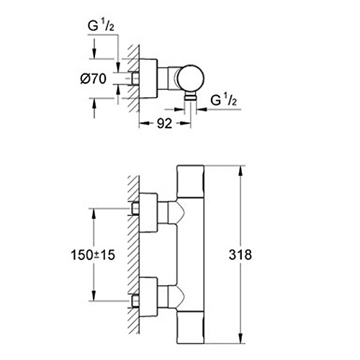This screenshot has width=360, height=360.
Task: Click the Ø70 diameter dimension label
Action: (x=93, y=78)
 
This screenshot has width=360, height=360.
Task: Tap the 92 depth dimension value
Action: (x=165, y=124)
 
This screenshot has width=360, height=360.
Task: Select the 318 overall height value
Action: (x=240, y=255)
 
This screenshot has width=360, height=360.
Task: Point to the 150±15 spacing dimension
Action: (x=93, y=255)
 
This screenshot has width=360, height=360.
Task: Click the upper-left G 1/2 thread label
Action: (x=101, y=26)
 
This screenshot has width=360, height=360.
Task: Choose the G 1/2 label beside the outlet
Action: (x=224, y=100)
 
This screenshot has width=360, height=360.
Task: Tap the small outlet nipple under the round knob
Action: (x=191, y=96)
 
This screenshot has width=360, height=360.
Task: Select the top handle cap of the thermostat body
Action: (x=190, y=181)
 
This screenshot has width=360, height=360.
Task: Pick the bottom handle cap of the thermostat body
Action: (x=190, y=327)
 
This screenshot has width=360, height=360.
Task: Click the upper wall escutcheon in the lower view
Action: (x=148, y=212)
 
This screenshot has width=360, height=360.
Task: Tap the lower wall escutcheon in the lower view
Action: (x=148, y=297)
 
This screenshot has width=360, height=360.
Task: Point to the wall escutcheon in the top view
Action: (x=148, y=78)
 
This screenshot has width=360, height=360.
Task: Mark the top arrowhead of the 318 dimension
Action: (x=241, y=171)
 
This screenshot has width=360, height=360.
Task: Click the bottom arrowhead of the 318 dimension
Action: (x=241, y=338)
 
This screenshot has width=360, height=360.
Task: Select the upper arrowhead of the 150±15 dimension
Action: (x=94, y=214)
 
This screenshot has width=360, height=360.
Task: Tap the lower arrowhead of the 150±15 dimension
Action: (x=94, y=295)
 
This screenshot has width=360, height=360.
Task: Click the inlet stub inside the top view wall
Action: (x=135, y=78)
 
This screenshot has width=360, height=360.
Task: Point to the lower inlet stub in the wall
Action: (x=135, y=301)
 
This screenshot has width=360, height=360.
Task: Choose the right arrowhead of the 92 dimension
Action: (x=185, y=123)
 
